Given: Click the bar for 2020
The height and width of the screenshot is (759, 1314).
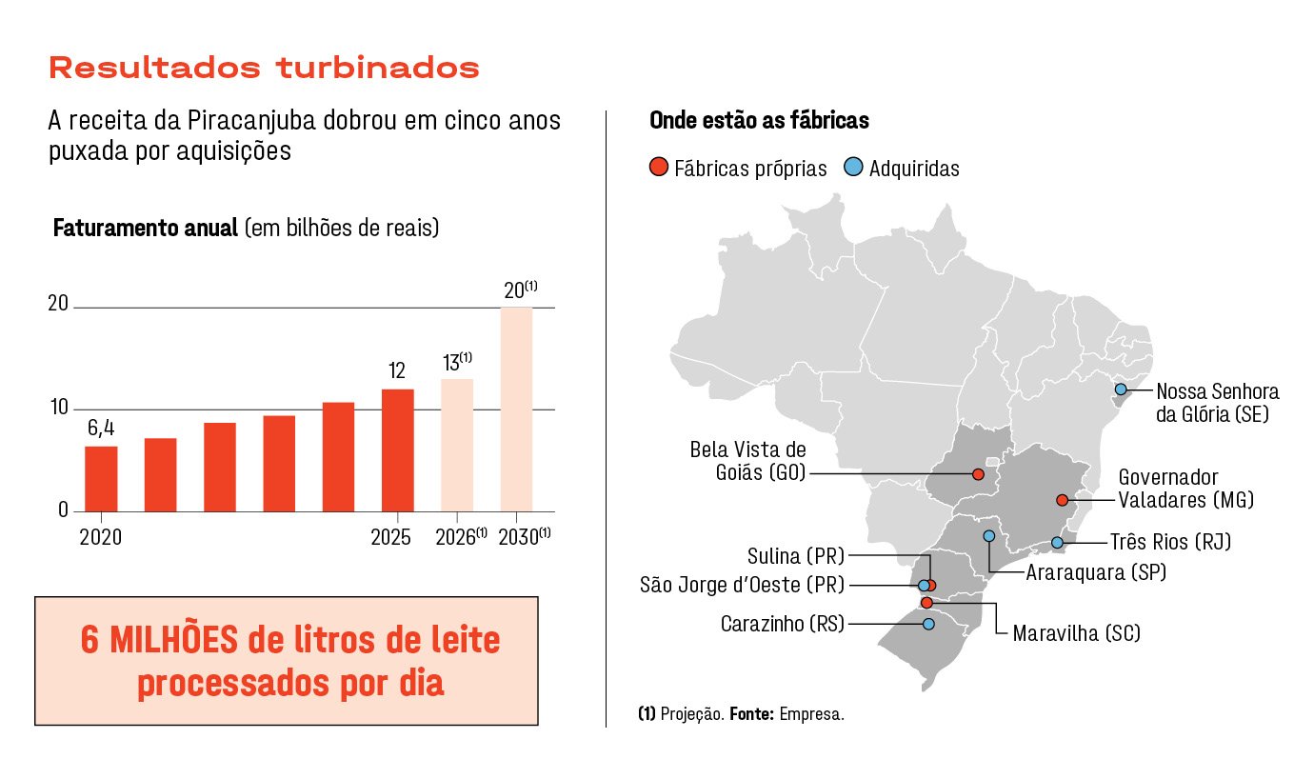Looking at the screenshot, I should pos(101,478).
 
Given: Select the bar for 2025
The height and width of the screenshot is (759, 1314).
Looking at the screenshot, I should pos(397,449).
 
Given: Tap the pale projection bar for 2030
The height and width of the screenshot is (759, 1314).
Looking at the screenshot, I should pos(516,409).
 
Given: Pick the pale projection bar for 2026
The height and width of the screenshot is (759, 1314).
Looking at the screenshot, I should pos(457,445).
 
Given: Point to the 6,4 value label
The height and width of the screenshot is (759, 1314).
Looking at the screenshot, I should pos(101,429).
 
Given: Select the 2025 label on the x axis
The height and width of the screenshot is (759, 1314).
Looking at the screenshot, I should pos(390,537).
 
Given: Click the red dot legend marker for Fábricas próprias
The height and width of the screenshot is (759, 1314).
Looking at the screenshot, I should pos(658,169).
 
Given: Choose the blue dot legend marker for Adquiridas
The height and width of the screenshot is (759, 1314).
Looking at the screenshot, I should pos(853,169).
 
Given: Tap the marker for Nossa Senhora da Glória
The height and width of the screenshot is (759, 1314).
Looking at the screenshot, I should pos(1121,389).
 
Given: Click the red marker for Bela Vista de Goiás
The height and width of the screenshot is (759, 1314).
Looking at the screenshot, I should pos(977,474).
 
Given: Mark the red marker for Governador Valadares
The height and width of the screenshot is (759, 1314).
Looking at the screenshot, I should pos(1062,500).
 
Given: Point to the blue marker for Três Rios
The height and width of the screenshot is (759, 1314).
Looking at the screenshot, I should pos(1057,543).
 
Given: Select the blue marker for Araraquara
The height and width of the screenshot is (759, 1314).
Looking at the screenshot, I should pos(989,536).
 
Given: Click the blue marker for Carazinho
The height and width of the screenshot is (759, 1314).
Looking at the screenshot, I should pos(928,624).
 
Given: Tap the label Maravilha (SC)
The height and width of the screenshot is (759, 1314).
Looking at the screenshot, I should pos(1076,633).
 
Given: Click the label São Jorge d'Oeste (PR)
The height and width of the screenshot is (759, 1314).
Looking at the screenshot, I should pos(742,585).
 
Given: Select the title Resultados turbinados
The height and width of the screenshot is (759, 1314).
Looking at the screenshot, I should pos(264,69).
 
